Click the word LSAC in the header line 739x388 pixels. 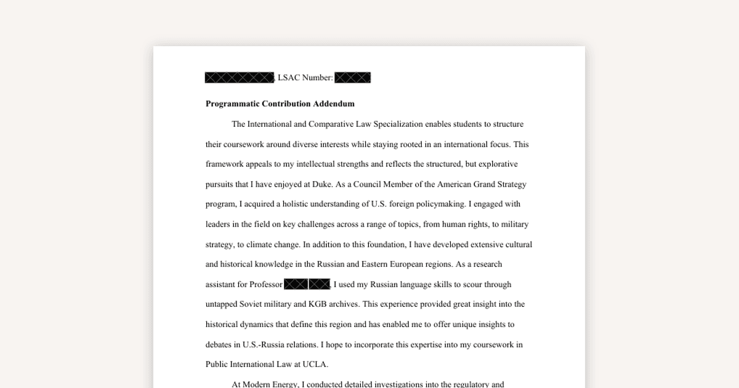click(x=288, y=78)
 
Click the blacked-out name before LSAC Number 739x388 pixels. click(x=239, y=78)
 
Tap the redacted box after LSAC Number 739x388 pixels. click(x=352, y=78)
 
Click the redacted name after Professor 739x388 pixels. click(x=307, y=285)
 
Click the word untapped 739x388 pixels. click(x=222, y=304)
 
